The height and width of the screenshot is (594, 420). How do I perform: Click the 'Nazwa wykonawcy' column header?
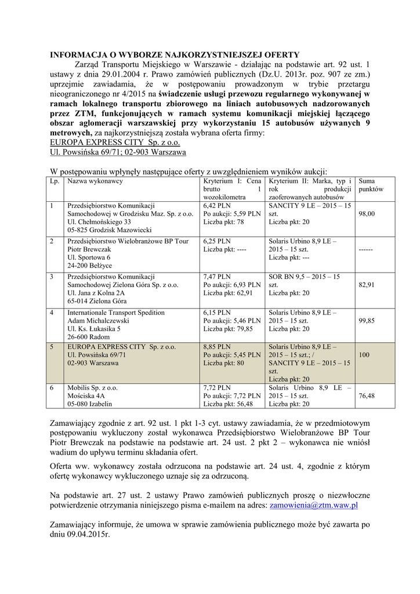click(x=95, y=181)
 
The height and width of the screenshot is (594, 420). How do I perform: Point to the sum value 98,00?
click(x=367, y=213)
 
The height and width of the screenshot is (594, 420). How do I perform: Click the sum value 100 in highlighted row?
click(x=364, y=354)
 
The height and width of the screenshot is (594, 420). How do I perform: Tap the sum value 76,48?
click(x=367, y=396)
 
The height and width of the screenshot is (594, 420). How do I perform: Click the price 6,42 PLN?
click(x=217, y=205)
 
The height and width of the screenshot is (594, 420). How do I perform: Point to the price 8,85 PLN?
click(x=217, y=347)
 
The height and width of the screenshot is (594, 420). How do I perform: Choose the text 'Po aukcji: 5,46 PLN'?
click(x=232, y=320)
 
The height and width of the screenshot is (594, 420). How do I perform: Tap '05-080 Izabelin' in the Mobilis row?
click(x=90, y=404)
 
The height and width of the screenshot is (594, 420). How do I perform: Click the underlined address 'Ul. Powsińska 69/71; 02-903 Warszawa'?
click(x=118, y=152)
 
